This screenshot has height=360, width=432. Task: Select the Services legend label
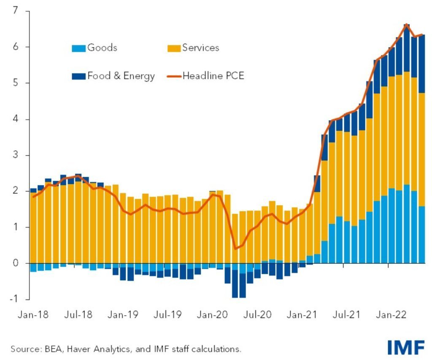tap(200, 48)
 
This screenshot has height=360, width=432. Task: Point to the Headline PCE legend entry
tap(213, 76)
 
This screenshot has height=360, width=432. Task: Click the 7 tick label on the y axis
tap(16, 11)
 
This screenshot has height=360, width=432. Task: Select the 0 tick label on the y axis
tap(16, 263)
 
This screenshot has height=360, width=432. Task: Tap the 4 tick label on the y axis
tap(16, 119)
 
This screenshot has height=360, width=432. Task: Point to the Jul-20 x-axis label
tap(255, 314)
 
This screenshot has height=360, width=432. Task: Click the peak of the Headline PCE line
tap(406, 24)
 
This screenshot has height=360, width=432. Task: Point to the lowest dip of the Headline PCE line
tap(235, 249)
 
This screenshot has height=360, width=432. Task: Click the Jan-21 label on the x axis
tap(300, 314)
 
